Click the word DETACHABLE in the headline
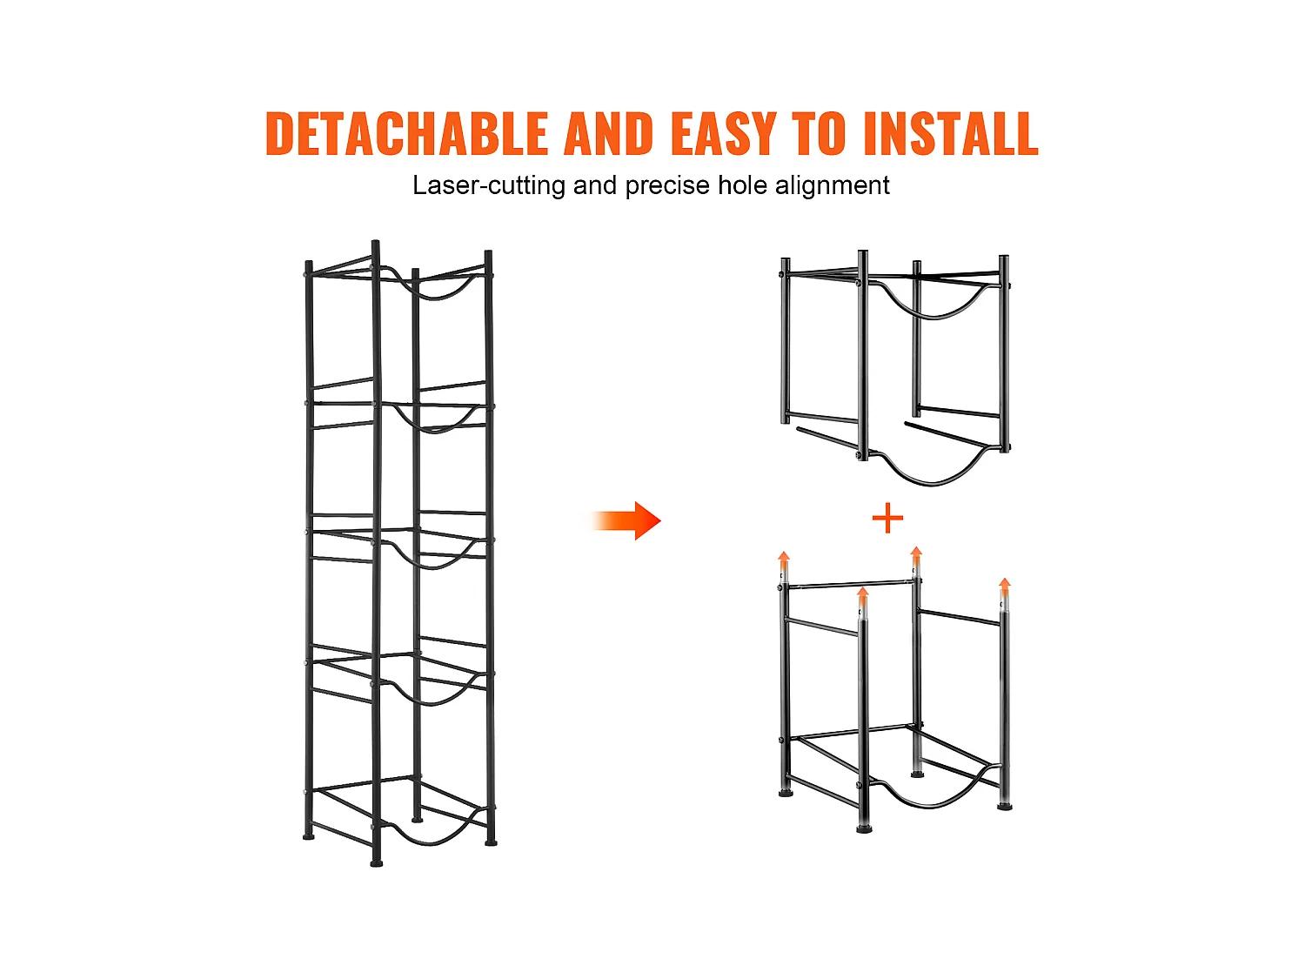coord(406,133)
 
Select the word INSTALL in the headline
coord(951,133)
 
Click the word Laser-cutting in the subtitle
coord(489,185)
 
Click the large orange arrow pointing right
coord(626,520)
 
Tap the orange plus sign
coord(887,519)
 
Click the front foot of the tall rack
coord(377,863)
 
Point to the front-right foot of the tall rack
coord(491,842)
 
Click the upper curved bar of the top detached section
coord(934,315)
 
